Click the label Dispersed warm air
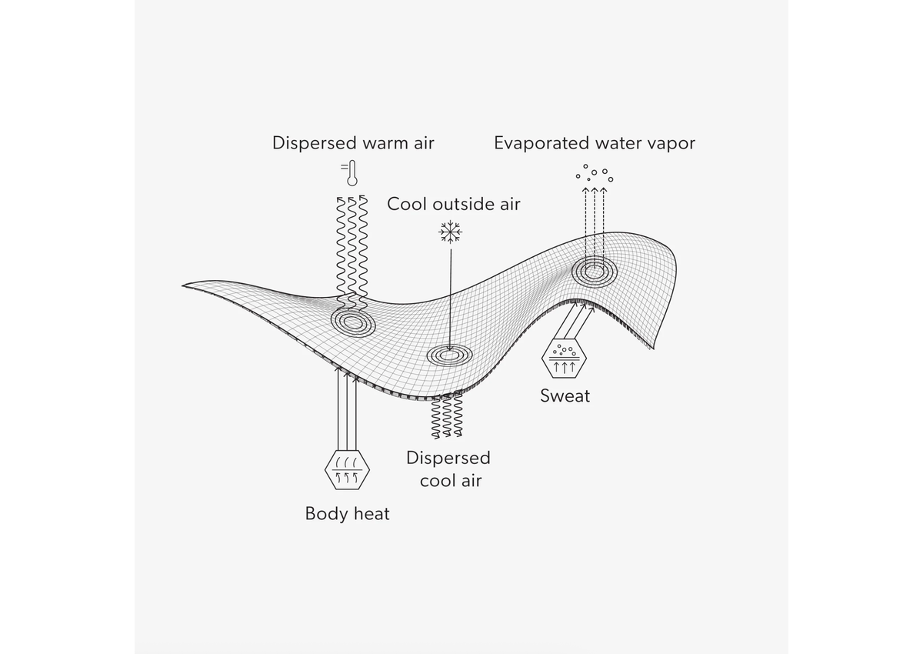(353, 143)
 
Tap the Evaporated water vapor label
(594, 143)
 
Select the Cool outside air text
(453, 204)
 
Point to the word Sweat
(565, 396)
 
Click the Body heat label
(347, 513)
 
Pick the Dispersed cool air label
(448, 469)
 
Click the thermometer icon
(351, 173)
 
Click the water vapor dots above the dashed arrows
(595, 173)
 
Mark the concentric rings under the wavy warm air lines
(353, 322)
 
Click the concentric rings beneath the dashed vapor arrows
(594, 270)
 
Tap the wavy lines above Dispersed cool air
(446, 415)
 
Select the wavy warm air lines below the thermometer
(352, 246)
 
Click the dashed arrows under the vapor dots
(594, 223)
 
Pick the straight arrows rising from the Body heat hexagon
(348, 412)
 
